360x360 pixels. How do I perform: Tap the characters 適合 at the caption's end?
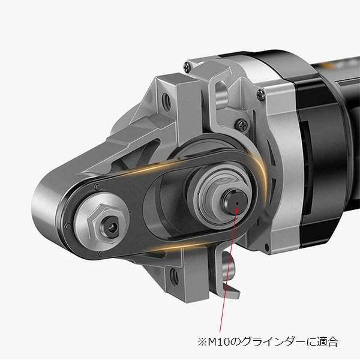pyautogui.click(x=328, y=342)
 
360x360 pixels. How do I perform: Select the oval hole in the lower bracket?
pyautogui.click(x=174, y=276)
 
